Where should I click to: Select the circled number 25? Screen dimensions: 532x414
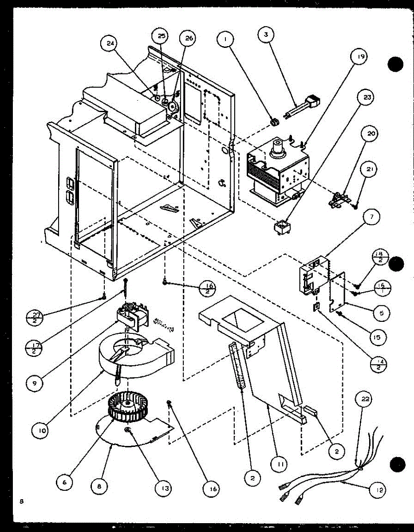pyautogui.click(x=161, y=36)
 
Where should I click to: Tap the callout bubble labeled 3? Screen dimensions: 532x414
pyautogui.click(x=266, y=35)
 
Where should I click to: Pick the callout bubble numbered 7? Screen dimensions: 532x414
pyautogui.click(x=371, y=217)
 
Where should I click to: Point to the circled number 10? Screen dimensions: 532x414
pyautogui.click(x=41, y=430)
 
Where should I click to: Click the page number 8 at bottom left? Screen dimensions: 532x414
pyautogui.click(x=21, y=501)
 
